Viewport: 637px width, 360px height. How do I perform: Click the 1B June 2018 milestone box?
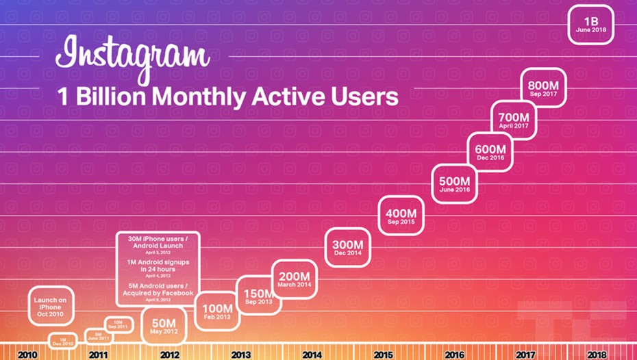(x=590, y=25)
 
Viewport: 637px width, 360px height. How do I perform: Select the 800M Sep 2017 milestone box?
(x=544, y=88)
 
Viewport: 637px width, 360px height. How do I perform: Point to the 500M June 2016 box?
(x=455, y=183)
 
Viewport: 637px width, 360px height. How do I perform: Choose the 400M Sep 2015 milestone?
(x=402, y=216)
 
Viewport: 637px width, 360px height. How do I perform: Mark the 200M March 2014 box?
(x=295, y=279)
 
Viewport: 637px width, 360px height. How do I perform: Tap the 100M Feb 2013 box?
(x=217, y=311)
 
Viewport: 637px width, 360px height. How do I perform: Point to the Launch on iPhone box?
(x=51, y=305)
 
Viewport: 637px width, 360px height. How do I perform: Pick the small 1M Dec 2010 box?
(x=63, y=340)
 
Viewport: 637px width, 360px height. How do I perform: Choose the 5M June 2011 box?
(x=99, y=335)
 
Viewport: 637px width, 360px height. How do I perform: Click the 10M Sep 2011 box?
(x=118, y=324)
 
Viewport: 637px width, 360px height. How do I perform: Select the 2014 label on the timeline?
(x=311, y=355)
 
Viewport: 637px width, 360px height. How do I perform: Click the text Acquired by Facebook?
(x=158, y=293)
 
